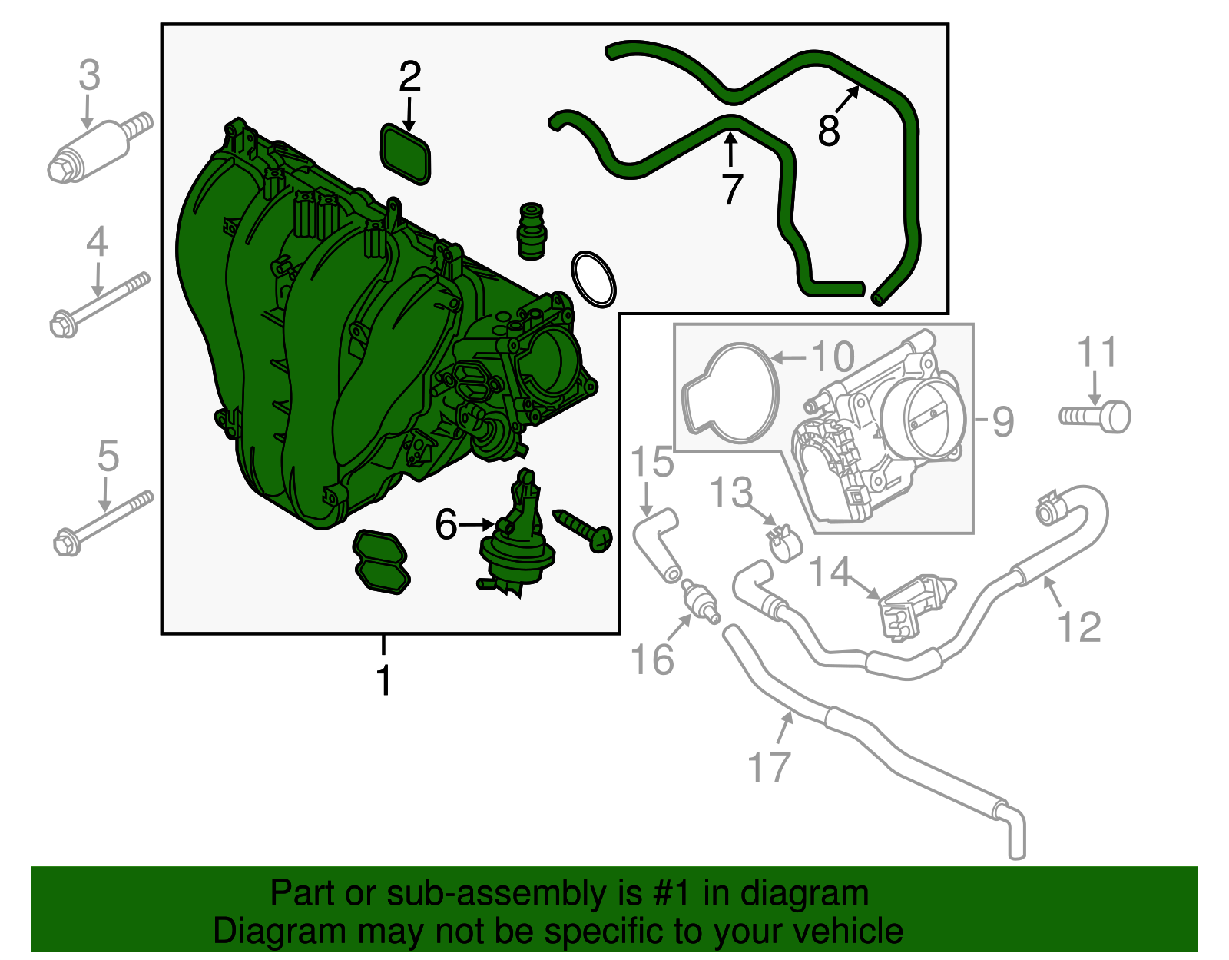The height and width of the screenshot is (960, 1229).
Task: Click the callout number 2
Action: [410, 77]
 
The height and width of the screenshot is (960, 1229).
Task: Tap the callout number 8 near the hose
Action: [829, 130]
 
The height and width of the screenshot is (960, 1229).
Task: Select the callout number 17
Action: [769, 766]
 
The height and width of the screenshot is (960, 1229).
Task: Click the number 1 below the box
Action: [384, 681]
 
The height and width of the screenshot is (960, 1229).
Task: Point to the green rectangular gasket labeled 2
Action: [406, 154]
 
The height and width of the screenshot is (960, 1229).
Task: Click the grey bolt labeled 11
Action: [1097, 416]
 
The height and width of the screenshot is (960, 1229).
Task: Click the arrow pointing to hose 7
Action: [730, 149]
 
